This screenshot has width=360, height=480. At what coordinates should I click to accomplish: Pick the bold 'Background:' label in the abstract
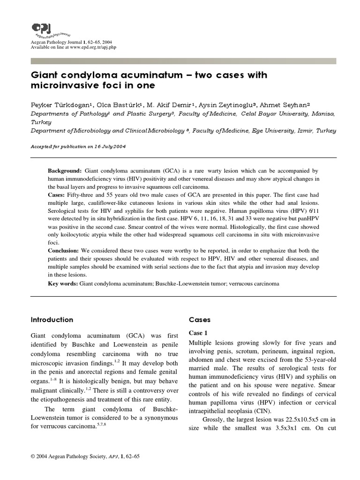pyautogui.click(x=65, y=171)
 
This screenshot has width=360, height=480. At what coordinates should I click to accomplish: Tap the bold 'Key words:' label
pyautogui.click(x=63, y=284)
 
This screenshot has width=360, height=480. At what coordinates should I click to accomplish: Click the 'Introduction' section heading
pyautogui.click(x=52, y=320)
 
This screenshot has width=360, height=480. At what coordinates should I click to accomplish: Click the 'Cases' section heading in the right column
pyautogui.click(x=200, y=320)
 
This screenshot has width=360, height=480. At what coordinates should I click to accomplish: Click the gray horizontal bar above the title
pyautogui.click(x=183, y=61)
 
